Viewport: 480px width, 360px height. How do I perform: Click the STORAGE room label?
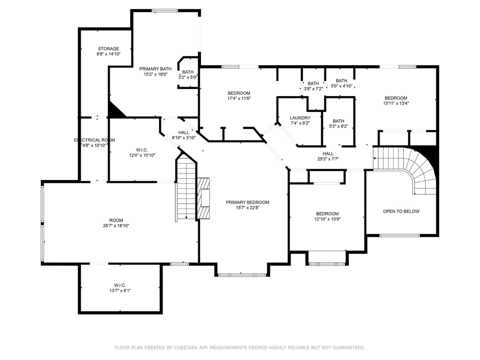tap(108, 49)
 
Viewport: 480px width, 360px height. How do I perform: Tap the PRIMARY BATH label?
tap(155, 69)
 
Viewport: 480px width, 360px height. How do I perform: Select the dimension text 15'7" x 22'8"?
tap(247, 208)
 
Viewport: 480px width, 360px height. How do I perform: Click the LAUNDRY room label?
tap(300, 118)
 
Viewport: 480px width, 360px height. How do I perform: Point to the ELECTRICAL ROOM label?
tap(94, 140)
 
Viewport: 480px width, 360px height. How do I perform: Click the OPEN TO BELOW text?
tap(401, 211)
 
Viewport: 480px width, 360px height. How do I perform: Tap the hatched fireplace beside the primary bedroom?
tap(203, 198)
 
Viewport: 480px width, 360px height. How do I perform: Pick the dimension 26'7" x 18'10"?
tap(116, 225)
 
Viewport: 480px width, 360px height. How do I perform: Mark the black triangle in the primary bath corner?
tap(114, 111)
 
